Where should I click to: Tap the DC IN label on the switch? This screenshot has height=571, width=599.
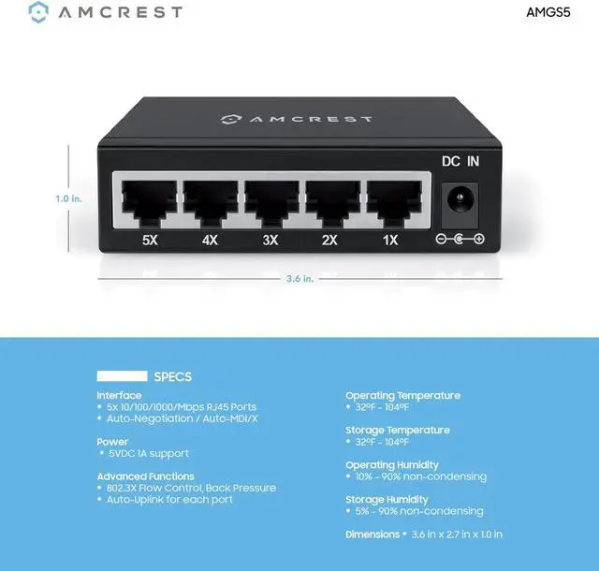(x=460, y=161)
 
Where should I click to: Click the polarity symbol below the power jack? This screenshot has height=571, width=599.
(x=460, y=241)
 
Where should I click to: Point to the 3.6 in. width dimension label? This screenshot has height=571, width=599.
(x=299, y=278)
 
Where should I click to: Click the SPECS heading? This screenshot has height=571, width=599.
(x=172, y=376)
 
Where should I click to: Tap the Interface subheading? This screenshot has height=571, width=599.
(x=119, y=395)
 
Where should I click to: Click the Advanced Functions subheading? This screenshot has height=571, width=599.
(x=145, y=476)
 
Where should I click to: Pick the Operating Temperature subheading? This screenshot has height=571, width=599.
(x=403, y=395)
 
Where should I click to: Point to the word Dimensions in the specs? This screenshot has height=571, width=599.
(x=372, y=534)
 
